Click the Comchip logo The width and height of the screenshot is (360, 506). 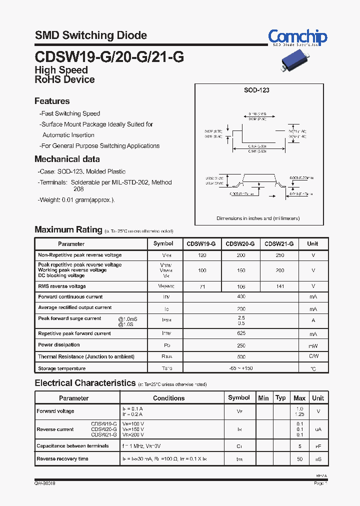click(297, 37)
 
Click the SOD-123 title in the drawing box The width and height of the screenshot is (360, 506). click(256, 90)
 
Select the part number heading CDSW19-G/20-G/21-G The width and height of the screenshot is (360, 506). click(109, 56)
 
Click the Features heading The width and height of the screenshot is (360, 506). click(52, 101)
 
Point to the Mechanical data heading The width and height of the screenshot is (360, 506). click(67, 159)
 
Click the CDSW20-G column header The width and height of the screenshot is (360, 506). click(240, 244)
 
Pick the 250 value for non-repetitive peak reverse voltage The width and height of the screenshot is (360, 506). click(279, 255)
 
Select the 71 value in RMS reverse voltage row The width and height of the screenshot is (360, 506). click(202, 287)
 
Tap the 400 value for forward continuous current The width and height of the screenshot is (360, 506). click(241, 297)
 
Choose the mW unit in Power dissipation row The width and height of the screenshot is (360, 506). click(312, 345)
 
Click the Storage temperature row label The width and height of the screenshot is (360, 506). click(62, 368)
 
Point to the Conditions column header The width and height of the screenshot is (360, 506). click(168, 398)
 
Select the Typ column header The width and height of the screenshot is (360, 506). click(281, 398)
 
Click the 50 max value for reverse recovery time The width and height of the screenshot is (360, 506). click(299, 459)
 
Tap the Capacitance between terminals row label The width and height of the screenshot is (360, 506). click(72, 446)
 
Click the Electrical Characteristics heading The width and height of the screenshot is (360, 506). click(85, 383)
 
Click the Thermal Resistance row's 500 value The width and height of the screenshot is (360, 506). click(241, 357)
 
